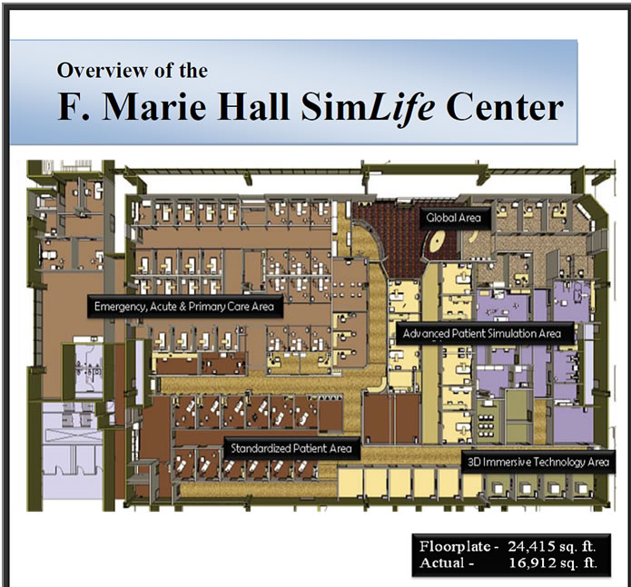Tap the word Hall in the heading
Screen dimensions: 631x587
pyautogui.click(x=253, y=106)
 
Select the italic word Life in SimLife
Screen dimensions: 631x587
pyautogui.click(x=400, y=108)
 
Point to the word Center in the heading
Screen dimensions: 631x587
pyautogui.click(x=505, y=107)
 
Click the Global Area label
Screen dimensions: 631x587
pyautogui.click(x=455, y=218)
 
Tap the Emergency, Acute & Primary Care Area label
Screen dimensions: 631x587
pyautogui.click(x=184, y=307)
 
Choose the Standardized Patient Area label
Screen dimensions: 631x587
pyautogui.click(x=291, y=448)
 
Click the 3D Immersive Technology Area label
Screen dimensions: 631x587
pyautogui.click(x=538, y=463)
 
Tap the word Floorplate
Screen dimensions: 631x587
pyautogui.click(x=455, y=547)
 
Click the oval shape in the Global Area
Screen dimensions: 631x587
pyautogui.click(x=436, y=241)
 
